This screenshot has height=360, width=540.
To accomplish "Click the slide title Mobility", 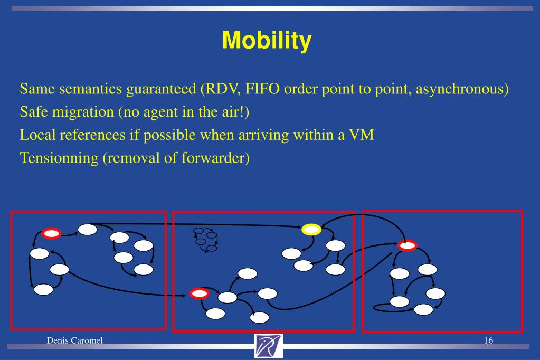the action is tap(267, 41).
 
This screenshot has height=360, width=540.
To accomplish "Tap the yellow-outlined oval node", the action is tap(311, 230).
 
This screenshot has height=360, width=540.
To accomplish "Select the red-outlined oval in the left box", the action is tap(51, 233).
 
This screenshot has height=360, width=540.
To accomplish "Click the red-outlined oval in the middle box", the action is tap(199, 293).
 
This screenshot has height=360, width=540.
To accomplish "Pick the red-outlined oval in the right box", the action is tap(408, 245).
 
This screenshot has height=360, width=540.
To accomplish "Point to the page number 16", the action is tap(488, 340).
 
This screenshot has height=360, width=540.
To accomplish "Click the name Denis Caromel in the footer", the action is tap(75, 340).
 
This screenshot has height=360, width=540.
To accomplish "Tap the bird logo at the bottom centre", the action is tap(268, 346).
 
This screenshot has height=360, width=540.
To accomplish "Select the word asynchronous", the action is tap(460, 89).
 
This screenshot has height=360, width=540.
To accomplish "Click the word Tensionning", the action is tap(59, 158).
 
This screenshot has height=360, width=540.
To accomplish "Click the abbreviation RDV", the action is tap(222, 89).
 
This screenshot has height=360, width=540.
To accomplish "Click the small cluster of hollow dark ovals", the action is tap(205, 240).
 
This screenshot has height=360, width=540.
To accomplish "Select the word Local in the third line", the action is tap(37, 135).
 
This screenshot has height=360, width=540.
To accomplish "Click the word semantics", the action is tap(91, 89).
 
